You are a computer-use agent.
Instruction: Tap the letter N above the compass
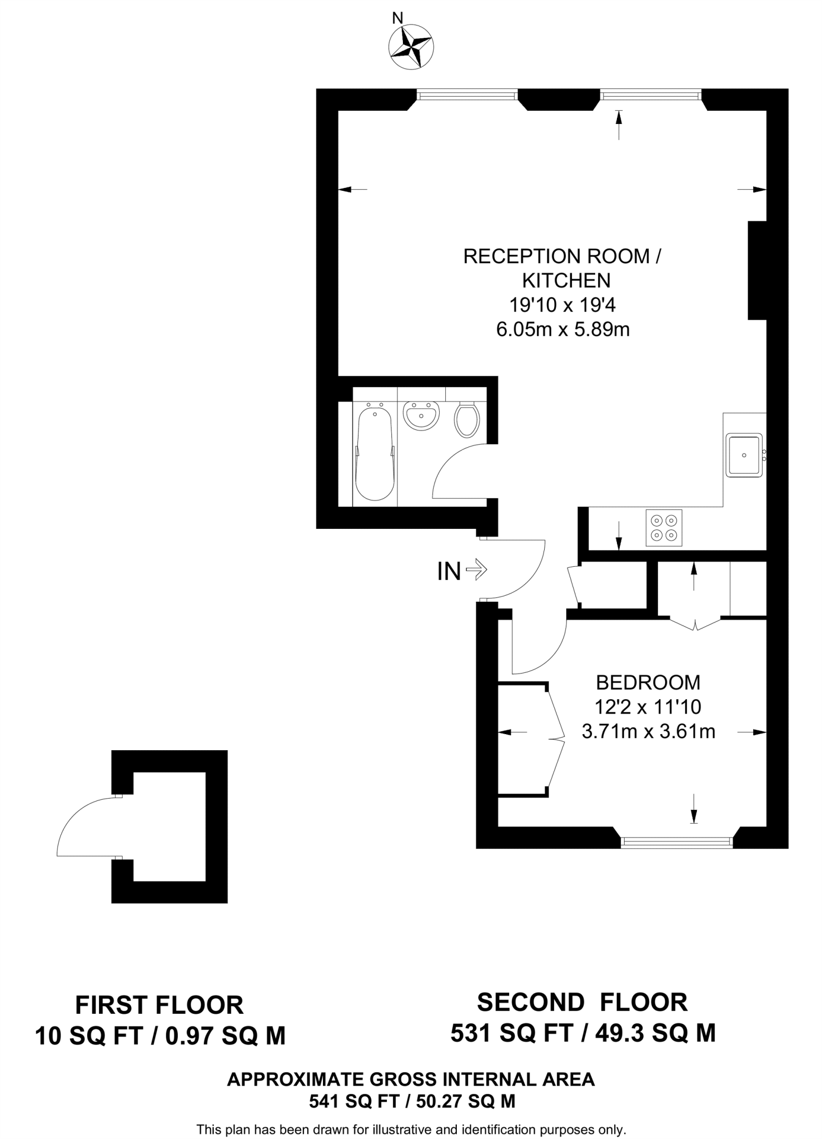397,18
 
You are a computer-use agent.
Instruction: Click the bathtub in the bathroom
375,453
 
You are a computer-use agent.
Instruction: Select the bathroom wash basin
421,415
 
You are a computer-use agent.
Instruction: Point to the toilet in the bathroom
467,420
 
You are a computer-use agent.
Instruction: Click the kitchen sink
744,455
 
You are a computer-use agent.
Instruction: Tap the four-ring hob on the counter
664,528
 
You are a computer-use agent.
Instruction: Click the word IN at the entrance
449,571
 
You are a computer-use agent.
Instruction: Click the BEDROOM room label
648,682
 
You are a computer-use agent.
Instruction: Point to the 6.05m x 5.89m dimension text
562,330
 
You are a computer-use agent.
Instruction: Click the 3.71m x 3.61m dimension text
648,731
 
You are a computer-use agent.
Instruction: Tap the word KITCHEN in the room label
566,280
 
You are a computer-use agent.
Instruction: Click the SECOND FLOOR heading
582,1002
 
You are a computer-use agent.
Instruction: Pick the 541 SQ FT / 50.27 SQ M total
412,1101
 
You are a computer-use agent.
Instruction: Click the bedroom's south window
676,843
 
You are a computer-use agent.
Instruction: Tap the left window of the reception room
467,96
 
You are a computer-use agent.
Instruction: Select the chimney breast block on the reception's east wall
757,270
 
